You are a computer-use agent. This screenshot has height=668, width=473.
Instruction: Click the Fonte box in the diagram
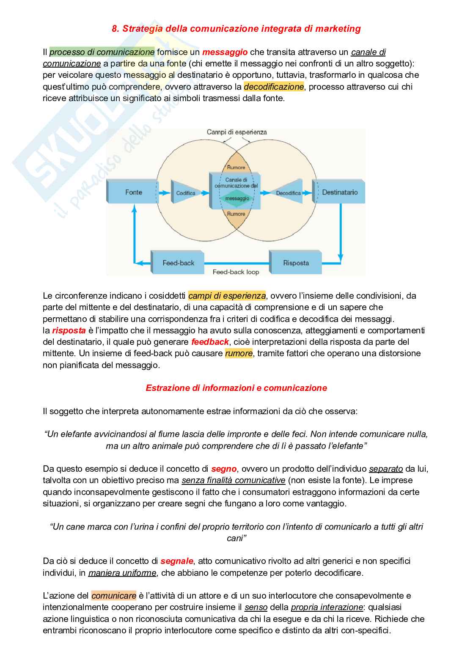pos(133,192)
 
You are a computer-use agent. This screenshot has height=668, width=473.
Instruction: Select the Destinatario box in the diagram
pos(339,192)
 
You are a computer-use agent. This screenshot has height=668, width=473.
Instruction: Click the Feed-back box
pos(178,263)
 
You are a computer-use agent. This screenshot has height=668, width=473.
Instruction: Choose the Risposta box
pos(296,263)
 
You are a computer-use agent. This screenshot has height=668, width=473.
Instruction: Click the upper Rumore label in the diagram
pos(236,168)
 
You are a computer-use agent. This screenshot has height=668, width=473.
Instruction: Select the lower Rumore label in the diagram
pos(236,214)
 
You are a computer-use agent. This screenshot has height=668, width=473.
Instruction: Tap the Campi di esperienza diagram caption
pos(236,132)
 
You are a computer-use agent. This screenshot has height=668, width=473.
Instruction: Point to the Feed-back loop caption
pos(236,272)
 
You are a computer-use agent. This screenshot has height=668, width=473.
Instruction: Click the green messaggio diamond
pos(237,198)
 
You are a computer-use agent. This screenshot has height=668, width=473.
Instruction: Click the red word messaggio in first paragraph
pos(225,52)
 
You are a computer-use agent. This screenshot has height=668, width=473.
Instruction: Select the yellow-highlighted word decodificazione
pos(274,87)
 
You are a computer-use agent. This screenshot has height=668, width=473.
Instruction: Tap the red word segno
pos(224,469)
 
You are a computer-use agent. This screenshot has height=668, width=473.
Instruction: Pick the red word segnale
pos(177,561)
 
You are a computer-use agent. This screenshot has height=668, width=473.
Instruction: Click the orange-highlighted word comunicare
pos(114,596)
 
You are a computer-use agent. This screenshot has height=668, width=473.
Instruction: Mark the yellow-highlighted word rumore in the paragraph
pos(239,353)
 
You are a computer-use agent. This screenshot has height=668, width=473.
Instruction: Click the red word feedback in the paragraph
pos(210,342)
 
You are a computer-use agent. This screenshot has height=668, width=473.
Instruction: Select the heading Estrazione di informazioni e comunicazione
pos(236,388)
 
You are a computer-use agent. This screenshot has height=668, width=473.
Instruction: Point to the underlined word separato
pos(386,469)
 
